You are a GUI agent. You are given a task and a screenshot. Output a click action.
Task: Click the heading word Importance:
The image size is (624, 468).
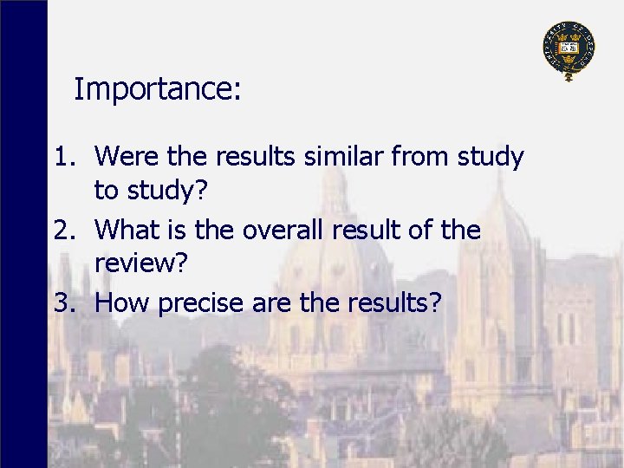point(157,89)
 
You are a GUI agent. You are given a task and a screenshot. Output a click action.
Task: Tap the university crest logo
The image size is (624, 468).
point(569,49)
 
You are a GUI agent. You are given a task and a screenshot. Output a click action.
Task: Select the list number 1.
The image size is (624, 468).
point(64,157)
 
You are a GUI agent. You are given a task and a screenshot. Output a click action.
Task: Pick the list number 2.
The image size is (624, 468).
point(64,230)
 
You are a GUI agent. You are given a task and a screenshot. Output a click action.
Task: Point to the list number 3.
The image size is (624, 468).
point(64,302)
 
